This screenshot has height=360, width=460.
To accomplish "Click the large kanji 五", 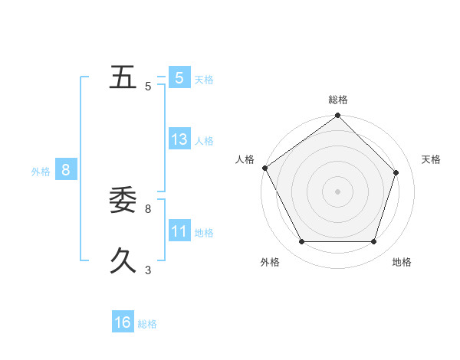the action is (123, 78).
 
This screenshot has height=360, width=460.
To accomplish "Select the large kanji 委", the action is (123, 200).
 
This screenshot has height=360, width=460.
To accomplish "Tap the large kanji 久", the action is (123, 261).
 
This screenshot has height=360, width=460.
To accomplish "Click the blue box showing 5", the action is (179, 77).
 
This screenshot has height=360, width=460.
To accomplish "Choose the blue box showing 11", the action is (179, 231).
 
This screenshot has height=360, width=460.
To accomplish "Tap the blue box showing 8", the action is (66, 170).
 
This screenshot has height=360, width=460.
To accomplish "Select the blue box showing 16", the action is (123, 322).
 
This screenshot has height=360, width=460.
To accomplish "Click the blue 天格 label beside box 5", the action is (204, 79).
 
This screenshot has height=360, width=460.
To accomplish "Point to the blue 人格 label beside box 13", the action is (204, 141).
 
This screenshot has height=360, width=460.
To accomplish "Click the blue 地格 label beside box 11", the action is (204, 233).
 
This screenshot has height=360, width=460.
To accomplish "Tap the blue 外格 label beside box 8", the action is (41, 172).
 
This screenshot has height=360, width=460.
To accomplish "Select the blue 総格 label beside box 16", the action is (147, 324).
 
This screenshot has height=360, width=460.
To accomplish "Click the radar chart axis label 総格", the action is (337, 100).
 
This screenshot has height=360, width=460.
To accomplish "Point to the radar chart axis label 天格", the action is (431, 159).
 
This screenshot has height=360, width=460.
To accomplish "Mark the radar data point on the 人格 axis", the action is (264, 168).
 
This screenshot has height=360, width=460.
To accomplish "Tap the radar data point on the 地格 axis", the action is (373, 242).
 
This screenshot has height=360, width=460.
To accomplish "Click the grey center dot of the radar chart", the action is (337, 191).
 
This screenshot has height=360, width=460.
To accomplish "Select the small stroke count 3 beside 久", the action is (148, 270).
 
